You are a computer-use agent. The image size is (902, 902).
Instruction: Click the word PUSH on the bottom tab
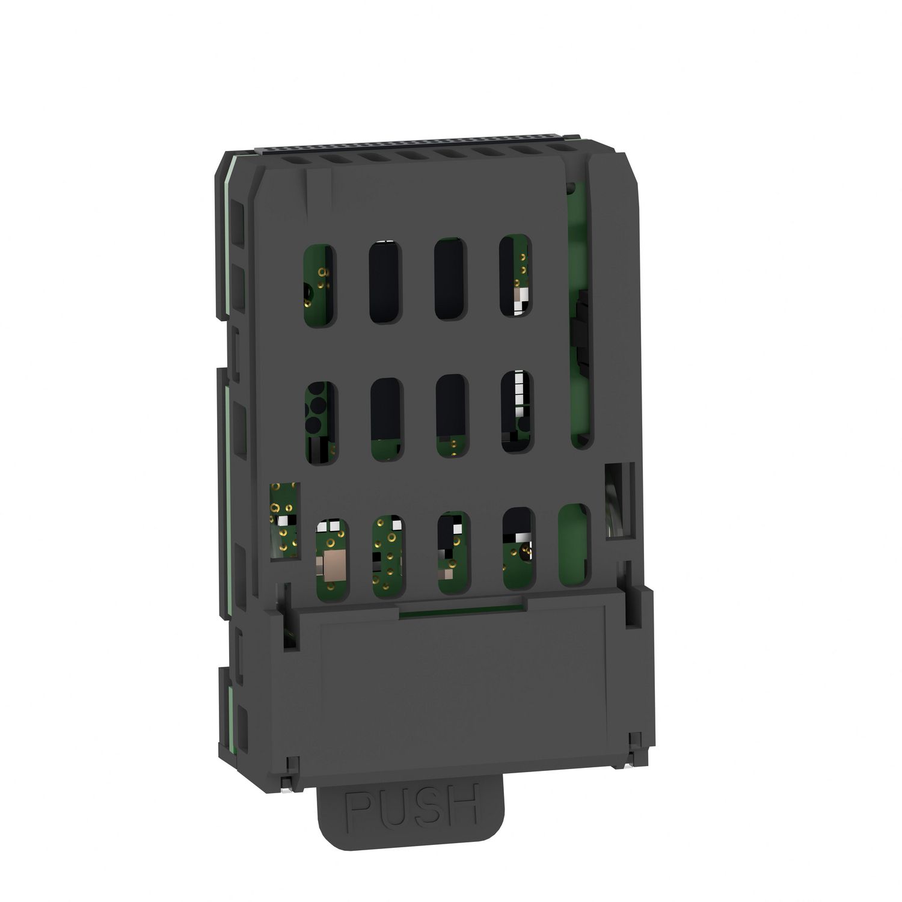(412, 802)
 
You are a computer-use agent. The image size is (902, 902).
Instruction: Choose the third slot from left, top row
(450, 279)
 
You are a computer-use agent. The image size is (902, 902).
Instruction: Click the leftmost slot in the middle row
(322, 423)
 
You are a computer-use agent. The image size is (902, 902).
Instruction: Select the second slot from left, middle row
(387, 419)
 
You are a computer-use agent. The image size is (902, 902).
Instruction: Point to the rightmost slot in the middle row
(517, 411)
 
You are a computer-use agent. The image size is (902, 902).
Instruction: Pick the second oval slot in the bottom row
(388, 557)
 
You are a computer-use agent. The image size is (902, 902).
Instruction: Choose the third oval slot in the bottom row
(454, 553)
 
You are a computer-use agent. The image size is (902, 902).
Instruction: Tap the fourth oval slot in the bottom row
(519, 548)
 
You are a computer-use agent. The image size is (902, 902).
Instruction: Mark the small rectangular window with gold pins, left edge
(284, 520)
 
